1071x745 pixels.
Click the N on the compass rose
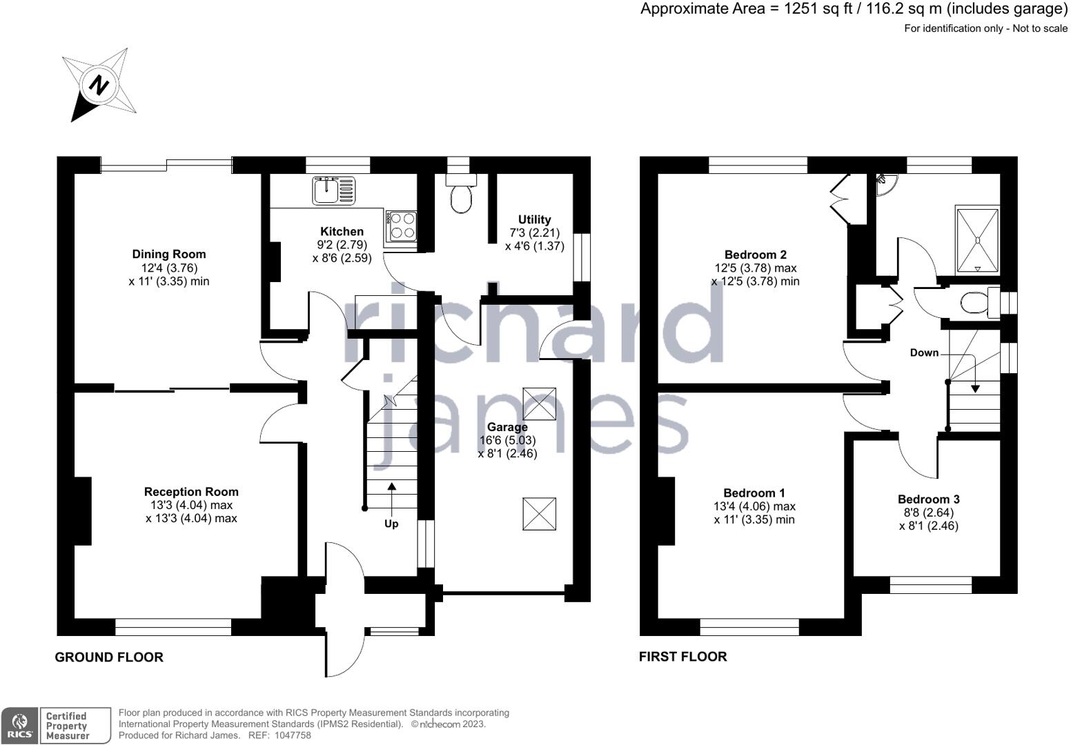pos(99,86)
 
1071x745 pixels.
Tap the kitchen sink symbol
pos(334,190)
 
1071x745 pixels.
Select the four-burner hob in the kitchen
pos(401,226)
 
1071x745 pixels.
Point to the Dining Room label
pos(169,255)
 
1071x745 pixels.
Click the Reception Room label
pos(191,492)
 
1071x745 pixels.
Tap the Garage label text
pos(507,427)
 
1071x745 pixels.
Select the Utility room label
pos(535,219)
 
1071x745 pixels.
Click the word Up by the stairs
pos(391,524)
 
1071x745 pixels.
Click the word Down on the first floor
pos(924,352)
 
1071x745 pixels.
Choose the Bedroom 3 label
pos(929,499)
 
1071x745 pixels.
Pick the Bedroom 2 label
pos(756,255)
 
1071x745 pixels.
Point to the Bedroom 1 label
pos(754,493)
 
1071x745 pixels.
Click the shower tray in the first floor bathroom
pos(977,240)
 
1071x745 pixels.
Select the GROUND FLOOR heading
pos(109,657)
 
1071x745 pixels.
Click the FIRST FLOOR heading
pos(682,657)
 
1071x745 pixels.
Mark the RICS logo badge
pos(19,726)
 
